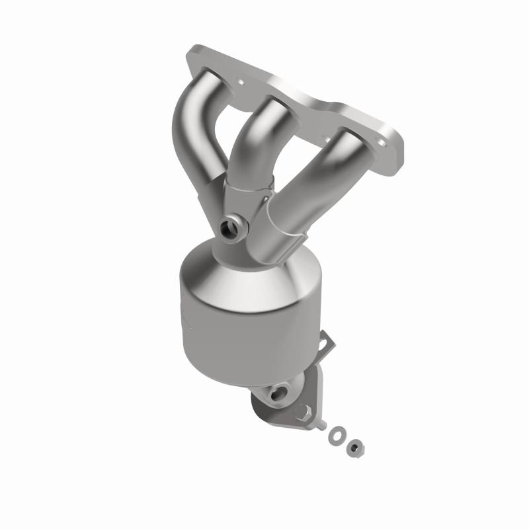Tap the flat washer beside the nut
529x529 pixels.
click(x=335, y=434)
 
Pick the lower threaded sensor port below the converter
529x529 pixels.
click(x=276, y=394)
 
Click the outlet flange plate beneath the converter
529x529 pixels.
click(x=284, y=410)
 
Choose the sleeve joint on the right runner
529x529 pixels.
click(x=291, y=218)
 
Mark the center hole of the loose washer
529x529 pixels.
click(x=335, y=434)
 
